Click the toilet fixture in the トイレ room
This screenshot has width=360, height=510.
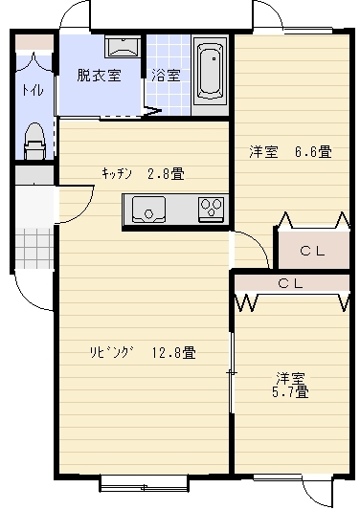pyautogui.click(x=34, y=141)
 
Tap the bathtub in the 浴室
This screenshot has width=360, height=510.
pyautogui.click(x=211, y=72)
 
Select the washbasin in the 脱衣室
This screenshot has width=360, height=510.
pyautogui.click(x=123, y=47)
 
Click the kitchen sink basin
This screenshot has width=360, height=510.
pyautogui.click(x=148, y=209)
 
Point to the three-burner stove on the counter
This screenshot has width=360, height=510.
pyautogui.click(x=212, y=209)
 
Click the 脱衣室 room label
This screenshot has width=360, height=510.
pyautogui.click(x=100, y=76)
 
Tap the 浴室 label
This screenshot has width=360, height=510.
pyautogui.click(x=166, y=76)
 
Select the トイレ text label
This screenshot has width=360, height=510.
pyautogui.click(x=33, y=90)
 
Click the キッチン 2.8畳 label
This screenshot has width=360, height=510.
pyautogui.click(x=144, y=173)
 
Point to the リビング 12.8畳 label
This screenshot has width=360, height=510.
pyautogui.click(x=144, y=352)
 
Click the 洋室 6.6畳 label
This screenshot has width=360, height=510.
pyautogui.click(x=291, y=151)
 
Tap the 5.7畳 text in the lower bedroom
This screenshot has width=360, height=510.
pyautogui.click(x=290, y=392)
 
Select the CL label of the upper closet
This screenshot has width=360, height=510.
pyautogui.click(x=312, y=251)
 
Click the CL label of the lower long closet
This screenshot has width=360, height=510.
pyautogui.click(x=291, y=283)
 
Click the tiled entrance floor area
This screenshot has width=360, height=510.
pyautogui.click(x=34, y=249)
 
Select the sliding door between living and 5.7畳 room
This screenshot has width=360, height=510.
pyautogui.click(x=232, y=372)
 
